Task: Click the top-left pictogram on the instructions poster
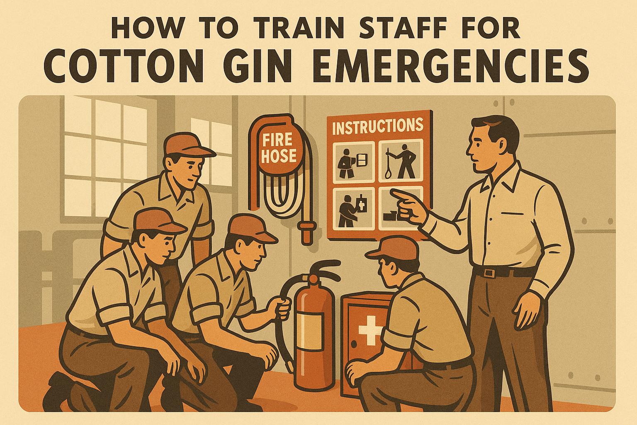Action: [x=351, y=161]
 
